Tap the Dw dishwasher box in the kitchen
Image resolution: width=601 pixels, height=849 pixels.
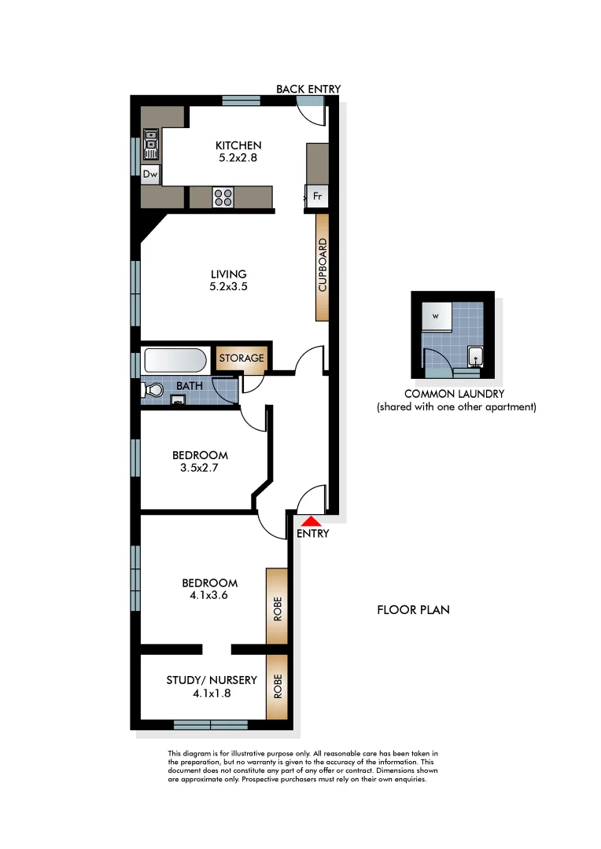point(149,175)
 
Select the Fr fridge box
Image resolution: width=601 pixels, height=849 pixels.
point(317,197)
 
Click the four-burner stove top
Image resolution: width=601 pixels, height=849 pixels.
point(223,197)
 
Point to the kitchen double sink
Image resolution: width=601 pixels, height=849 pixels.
point(150,145)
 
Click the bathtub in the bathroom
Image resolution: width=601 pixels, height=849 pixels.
point(175,361)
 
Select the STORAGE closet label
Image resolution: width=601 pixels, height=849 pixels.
point(242,358)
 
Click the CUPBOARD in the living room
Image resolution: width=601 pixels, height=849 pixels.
point(322,266)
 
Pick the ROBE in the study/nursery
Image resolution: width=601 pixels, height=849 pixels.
point(277,686)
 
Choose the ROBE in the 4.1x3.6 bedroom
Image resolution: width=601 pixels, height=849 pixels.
point(277,605)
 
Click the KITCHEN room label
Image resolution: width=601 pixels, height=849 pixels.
point(238,145)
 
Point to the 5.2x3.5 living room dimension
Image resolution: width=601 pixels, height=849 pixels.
point(228,287)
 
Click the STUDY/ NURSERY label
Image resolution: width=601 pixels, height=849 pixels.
point(200,681)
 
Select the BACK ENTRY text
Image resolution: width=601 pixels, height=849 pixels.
point(308,89)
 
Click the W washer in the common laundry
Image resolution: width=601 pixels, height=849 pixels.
point(435,317)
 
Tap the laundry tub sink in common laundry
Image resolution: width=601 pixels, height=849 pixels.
point(474,357)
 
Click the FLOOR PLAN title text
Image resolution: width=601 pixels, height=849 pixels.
point(413,609)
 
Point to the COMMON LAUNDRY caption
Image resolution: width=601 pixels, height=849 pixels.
point(454,394)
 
